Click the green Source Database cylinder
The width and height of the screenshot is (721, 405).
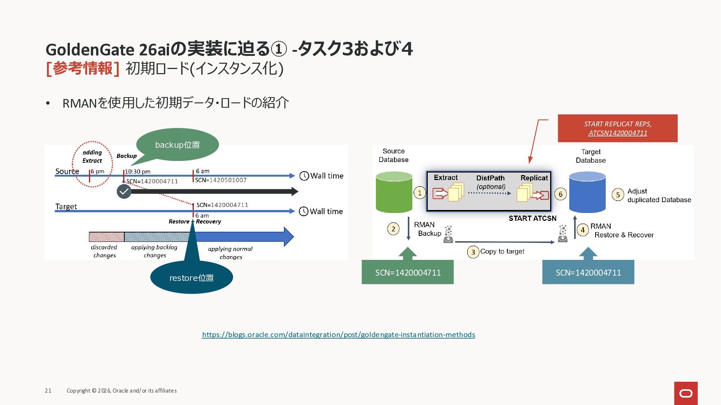394,192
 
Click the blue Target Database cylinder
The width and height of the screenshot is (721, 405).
587,192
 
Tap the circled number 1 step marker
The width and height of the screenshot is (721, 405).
420,193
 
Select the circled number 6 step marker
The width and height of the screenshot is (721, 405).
560,194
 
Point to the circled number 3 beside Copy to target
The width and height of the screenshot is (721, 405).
473,252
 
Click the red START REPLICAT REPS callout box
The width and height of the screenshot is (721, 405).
617,128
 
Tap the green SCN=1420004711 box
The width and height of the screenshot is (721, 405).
407,272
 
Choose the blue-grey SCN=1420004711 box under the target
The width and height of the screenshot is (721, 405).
588,272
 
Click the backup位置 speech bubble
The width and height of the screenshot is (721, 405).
177,145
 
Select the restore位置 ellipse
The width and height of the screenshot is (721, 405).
192,277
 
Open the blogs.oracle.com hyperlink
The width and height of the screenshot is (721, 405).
338,334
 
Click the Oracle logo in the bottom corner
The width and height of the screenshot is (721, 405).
686,393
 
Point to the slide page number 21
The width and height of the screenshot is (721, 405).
48,391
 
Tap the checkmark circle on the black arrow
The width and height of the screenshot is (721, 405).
124,192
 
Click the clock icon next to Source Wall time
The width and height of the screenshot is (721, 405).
304,175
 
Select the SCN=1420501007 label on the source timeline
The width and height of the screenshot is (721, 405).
221,180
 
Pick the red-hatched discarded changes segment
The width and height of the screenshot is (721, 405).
106,237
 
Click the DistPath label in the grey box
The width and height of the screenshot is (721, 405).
490,178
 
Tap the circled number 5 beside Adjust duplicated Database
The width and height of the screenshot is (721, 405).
618,195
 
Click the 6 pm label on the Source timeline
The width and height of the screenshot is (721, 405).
98,171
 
